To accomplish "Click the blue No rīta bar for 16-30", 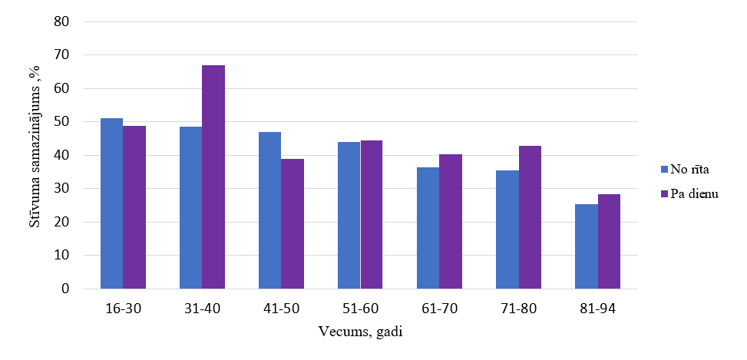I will [x=112, y=203].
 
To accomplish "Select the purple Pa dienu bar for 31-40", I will [x=213, y=177].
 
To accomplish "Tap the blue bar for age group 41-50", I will [x=269, y=210].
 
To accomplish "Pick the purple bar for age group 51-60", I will [x=372, y=215].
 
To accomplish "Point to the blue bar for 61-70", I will [x=428, y=228].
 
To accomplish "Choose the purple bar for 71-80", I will [x=530, y=217].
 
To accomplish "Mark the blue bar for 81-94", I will [x=587, y=246].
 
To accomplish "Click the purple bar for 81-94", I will [x=609, y=242].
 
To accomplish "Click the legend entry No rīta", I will [x=686, y=168].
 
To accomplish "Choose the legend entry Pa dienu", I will [x=689, y=194].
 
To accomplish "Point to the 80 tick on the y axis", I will [x=61, y=21].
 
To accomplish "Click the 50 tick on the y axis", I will [x=61, y=122].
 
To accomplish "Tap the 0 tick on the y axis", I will [x=64, y=289].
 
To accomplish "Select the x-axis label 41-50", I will [x=281, y=309].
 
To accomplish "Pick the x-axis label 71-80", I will [x=518, y=309].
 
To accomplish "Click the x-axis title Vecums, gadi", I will [x=360, y=332].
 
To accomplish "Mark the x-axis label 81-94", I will [x=597, y=309].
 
